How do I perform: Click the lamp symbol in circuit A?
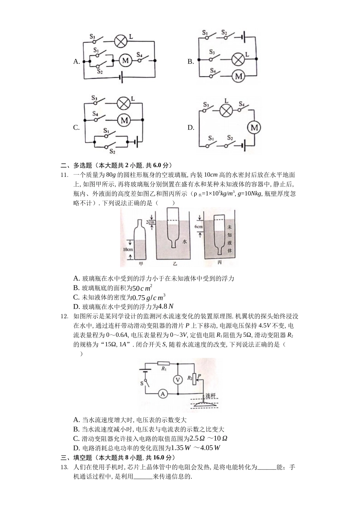coord(121,41)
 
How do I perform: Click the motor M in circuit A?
coord(125,60)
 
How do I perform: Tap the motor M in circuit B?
coord(238,76)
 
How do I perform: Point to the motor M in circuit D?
coord(254,127)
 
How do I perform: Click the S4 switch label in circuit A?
coord(139,54)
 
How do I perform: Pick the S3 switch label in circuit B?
coord(212,52)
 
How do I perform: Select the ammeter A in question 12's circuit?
coord(163,394)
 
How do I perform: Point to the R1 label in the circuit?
coord(164,368)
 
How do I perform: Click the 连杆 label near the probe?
coord(210,396)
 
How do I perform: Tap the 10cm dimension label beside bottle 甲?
coord(127,250)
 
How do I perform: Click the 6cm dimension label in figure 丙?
coord(199,227)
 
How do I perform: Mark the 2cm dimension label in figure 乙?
coord(150,222)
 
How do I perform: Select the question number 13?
coord(64,467)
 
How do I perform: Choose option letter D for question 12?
coord(76,448)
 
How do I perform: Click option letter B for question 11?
coord(76,288)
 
